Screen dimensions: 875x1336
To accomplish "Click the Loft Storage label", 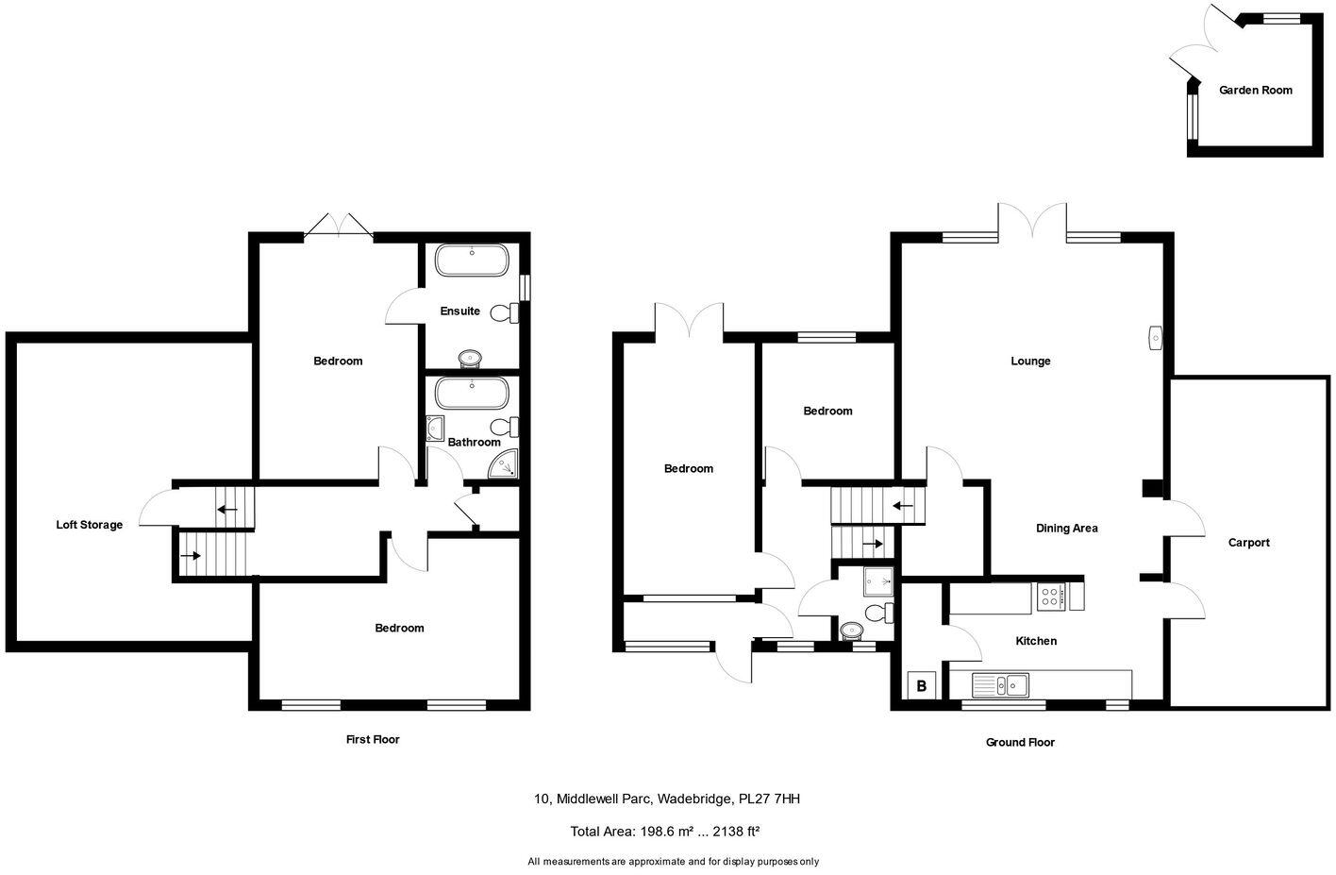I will [x=89, y=525].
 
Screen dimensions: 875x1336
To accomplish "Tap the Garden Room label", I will [x=1255, y=91].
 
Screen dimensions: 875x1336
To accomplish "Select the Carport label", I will [x=1248, y=543].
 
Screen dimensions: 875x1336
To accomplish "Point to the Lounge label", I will [x=1030, y=361].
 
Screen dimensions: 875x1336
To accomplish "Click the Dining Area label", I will [x=1066, y=529].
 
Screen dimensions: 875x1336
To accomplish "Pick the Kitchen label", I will [x=1035, y=641].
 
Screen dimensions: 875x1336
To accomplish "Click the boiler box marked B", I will [x=921, y=686].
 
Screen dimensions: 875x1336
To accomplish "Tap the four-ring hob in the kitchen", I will [x=1051, y=596].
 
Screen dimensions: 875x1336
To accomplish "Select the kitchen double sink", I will [x=1001, y=683].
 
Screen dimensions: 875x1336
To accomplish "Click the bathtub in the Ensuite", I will [x=471, y=261].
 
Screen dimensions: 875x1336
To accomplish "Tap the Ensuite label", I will [x=460, y=311].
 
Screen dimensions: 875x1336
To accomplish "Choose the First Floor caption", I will [x=373, y=739].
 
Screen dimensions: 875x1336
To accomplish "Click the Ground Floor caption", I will [x=1020, y=742].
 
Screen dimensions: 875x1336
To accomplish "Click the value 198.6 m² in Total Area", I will [x=666, y=832].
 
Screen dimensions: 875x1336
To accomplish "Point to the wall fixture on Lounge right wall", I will [x=1155, y=337].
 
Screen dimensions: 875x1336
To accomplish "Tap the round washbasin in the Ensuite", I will [x=469, y=357].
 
